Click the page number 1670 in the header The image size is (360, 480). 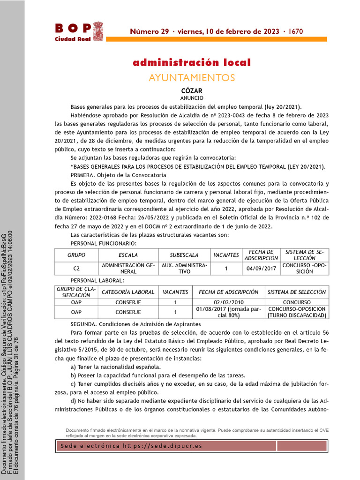pyautogui.click(x=296, y=32)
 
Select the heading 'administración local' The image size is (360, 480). pyautogui.click(x=192, y=63)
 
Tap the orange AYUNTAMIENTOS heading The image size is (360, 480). pyautogui.click(x=192, y=77)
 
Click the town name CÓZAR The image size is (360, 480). pyautogui.click(x=192, y=90)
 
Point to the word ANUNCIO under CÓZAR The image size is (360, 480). pyautogui.click(x=192, y=98)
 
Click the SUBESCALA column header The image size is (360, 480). pyautogui.click(x=184, y=255)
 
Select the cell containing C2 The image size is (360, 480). pyautogui.click(x=77, y=269)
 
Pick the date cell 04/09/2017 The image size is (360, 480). pyautogui.click(x=261, y=269)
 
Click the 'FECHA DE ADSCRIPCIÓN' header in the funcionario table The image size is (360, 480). pyautogui.click(x=261, y=255)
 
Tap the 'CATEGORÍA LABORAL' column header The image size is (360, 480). pyautogui.click(x=128, y=292)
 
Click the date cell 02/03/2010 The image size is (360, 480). pyautogui.click(x=229, y=302)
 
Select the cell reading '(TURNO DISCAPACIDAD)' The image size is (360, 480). pyautogui.click(x=296, y=315)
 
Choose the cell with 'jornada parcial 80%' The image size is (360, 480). pyautogui.click(x=229, y=312)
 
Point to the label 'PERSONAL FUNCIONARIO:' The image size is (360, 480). pyautogui.click(x=103, y=243)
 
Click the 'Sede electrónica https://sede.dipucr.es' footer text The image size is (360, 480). pyautogui.click(x=132, y=446)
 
